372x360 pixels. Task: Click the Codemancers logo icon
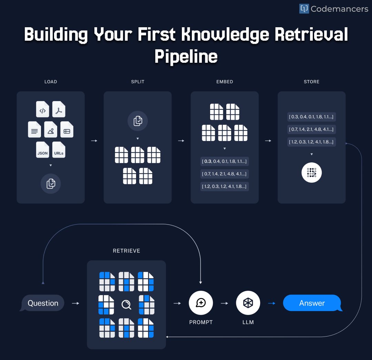[304, 9]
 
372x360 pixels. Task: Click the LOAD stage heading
[51, 82]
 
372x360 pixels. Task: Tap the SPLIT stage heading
[137, 82]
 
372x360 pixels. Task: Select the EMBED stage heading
[225, 82]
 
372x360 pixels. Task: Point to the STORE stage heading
[311, 82]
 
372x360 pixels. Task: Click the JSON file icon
[43, 150]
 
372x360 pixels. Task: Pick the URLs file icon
[59, 150]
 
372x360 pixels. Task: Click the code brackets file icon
[43, 109]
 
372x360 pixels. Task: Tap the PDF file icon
[59, 109]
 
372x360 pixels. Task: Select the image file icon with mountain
[51, 130]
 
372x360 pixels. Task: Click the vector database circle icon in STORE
[311, 172]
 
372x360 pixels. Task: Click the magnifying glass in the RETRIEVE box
[126, 304]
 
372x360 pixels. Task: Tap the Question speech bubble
[43, 303]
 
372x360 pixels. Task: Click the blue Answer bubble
[312, 303]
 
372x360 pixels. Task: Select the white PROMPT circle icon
[201, 303]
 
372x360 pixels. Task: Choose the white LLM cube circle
[248, 303]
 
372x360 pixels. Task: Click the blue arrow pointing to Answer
[272, 303]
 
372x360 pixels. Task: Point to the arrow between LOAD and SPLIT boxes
[94, 141]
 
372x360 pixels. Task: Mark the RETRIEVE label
[126, 251]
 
